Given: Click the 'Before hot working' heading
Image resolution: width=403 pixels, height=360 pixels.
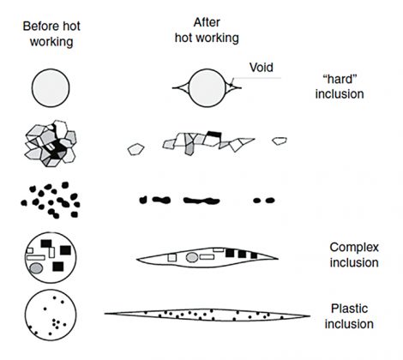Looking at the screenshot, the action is pyautogui.click(x=51, y=34).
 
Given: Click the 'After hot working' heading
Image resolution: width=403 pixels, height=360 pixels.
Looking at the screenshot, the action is pyautogui.click(x=207, y=30).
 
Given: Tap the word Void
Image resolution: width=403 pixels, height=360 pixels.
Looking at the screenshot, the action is pyautogui.click(x=262, y=68).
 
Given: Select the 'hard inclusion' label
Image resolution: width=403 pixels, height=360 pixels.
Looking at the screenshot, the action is pyautogui.click(x=340, y=87).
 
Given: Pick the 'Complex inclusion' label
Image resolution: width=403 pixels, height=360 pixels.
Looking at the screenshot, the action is pyautogui.click(x=354, y=255).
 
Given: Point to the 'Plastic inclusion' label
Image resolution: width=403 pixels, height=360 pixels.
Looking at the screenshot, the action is pyautogui.click(x=349, y=316).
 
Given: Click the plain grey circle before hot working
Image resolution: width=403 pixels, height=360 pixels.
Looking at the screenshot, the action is pyautogui.click(x=51, y=87).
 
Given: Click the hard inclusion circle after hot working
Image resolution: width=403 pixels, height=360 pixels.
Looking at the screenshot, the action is pyautogui.click(x=208, y=88).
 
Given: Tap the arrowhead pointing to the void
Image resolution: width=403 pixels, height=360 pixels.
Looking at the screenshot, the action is pyautogui.click(x=232, y=84).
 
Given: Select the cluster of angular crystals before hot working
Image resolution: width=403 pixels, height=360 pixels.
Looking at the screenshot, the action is pyautogui.click(x=51, y=143).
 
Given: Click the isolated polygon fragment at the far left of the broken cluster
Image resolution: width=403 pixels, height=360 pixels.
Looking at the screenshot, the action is pyautogui.click(x=135, y=149).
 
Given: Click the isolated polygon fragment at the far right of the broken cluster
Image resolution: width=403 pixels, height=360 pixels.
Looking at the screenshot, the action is pyautogui.click(x=280, y=141).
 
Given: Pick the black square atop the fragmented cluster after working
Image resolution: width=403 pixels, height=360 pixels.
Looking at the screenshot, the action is pyautogui.click(x=214, y=134).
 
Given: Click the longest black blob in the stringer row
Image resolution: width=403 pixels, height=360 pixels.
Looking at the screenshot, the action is pyautogui.click(x=201, y=201).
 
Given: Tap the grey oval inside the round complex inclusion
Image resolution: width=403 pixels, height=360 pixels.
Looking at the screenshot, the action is pyautogui.click(x=36, y=268).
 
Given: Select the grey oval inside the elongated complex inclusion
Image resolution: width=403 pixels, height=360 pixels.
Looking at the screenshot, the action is pyautogui.click(x=192, y=257).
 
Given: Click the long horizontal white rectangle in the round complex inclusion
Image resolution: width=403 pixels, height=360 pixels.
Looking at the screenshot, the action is pyautogui.click(x=36, y=257).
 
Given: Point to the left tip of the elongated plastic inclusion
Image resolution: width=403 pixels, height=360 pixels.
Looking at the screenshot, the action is pyautogui.click(x=105, y=314).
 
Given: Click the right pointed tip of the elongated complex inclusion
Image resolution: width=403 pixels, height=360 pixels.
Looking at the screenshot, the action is pyautogui.click(x=278, y=259).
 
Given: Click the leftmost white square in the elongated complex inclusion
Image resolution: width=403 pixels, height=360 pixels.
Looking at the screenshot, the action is pyautogui.click(x=172, y=258).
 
